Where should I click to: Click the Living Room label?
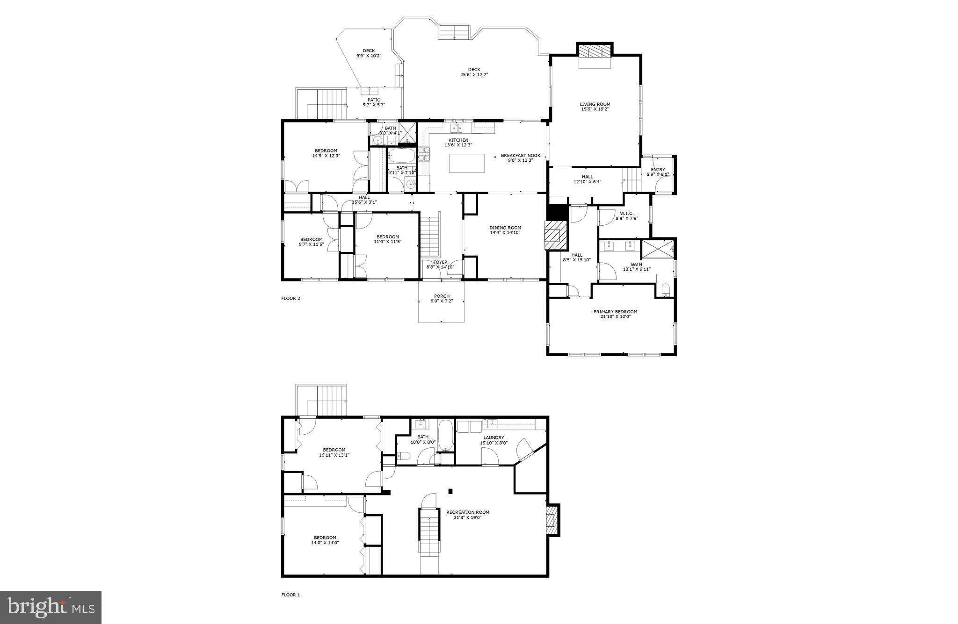tap(595, 104)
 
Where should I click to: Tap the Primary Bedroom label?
tap(615, 312)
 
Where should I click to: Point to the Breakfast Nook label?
tap(520, 155)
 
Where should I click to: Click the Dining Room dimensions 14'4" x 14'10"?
tap(505, 233)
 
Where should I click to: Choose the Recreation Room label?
tap(467, 512)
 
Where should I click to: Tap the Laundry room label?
tap(494, 438)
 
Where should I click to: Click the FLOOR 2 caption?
tap(290, 298)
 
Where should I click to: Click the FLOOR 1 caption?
tap(290, 595)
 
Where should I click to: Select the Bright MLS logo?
tap(51, 607)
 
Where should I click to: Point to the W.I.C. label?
tap(626, 213)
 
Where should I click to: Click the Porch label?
tap(442, 296)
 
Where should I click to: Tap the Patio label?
tap(374, 100)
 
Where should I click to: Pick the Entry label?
tap(658, 170)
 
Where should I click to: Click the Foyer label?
tap(440, 262)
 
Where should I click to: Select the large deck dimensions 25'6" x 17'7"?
tap(474, 74)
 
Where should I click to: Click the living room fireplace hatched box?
tap(595, 51)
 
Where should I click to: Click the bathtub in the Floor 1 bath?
tap(445, 435)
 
